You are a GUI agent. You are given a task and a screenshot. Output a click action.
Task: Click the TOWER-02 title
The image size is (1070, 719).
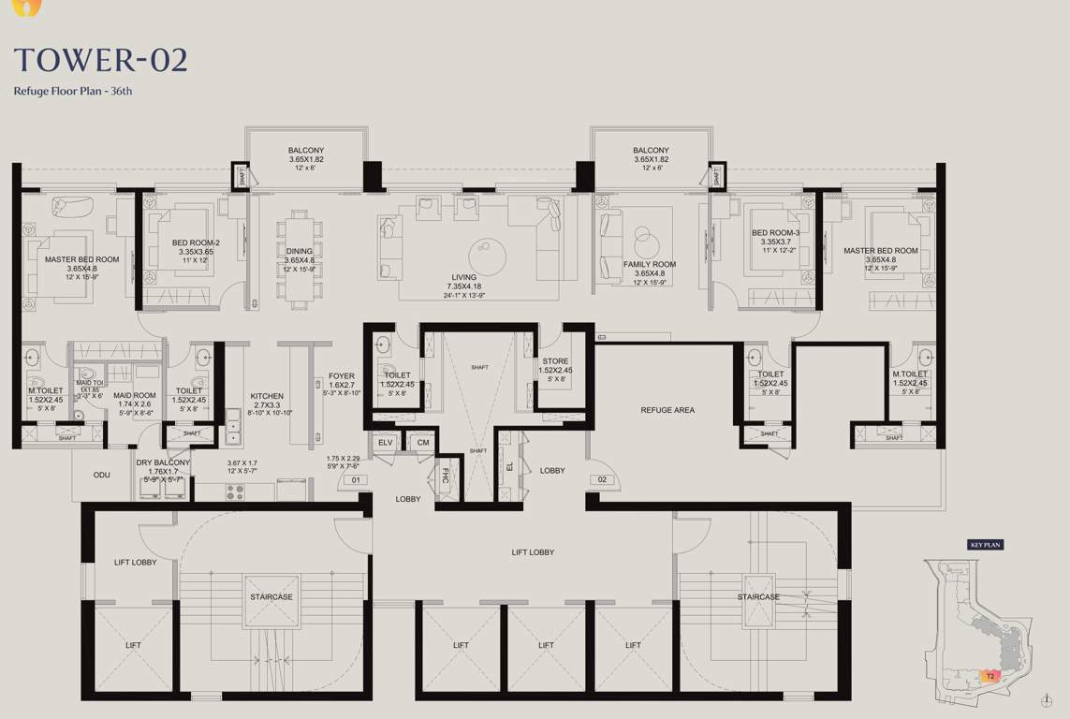click(101, 60)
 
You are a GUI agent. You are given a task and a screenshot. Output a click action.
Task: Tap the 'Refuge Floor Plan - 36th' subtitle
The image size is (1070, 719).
click(73, 91)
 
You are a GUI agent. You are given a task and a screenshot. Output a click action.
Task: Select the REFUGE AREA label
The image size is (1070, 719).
click(667, 410)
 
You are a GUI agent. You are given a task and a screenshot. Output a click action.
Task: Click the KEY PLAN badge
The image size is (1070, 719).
click(985, 544)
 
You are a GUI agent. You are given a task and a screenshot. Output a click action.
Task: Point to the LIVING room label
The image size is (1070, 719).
click(463, 277)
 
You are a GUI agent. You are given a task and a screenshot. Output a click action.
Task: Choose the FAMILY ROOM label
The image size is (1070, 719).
click(650, 265)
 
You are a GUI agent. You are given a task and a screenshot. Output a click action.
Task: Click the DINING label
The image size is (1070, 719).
click(300, 251)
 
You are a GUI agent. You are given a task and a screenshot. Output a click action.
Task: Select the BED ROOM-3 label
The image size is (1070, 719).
click(776, 233)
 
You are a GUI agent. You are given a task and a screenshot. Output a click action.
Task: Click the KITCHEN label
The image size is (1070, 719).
click(267, 397)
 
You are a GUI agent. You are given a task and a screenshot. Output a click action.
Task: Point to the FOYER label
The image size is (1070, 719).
click(342, 376)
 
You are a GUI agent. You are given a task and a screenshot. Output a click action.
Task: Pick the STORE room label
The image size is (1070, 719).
click(555, 361)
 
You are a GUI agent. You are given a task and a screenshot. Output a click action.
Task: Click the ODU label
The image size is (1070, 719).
click(101, 475)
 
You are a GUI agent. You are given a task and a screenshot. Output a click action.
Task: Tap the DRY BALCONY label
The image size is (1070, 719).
click(163, 462)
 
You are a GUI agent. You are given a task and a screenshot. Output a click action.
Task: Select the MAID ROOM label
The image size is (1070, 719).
click(135, 396)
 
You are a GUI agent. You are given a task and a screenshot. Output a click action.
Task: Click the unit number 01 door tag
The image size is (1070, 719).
click(355, 480)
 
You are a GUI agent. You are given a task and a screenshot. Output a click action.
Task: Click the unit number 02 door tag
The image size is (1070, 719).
click(602, 480)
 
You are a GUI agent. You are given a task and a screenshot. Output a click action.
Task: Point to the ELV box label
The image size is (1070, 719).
click(386, 442)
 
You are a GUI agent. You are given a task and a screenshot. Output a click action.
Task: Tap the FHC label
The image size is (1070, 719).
click(446, 475)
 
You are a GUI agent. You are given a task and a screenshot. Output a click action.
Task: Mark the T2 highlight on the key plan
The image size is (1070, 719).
click(989, 675)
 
